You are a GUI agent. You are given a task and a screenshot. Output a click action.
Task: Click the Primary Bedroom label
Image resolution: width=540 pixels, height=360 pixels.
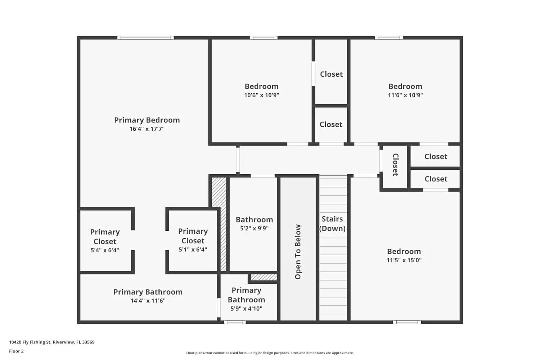[x=147, y=120]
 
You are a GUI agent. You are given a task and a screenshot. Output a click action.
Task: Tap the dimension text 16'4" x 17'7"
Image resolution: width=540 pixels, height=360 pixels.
[x=147, y=129]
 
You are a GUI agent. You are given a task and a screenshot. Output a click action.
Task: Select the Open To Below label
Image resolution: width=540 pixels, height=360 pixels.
[x=298, y=252]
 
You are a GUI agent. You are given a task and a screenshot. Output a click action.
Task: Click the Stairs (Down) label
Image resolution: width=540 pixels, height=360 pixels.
[x=332, y=224]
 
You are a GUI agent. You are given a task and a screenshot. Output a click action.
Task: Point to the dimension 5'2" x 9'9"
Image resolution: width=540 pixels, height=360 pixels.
[x=254, y=228]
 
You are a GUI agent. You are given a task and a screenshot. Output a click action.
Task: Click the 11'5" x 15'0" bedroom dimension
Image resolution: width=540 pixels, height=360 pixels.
[x=404, y=260]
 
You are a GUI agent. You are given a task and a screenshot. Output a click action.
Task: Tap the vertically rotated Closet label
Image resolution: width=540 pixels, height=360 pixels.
[x=395, y=165]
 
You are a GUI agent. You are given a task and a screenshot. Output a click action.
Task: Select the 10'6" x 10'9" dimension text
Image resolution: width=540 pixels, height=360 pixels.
[x=261, y=95]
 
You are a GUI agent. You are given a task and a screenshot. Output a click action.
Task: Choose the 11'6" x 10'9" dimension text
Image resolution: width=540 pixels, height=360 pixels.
[x=405, y=95]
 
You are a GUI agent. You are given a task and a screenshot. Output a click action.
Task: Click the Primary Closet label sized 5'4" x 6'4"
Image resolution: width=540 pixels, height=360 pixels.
[x=105, y=237]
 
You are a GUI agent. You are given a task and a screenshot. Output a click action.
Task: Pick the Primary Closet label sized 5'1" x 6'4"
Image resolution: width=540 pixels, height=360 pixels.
[x=193, y=236]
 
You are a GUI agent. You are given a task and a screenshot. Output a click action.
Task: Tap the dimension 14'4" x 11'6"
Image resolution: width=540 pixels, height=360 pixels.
[x=148, y=301]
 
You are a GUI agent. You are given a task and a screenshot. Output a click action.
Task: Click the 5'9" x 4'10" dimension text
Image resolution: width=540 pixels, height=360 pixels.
[x=246, y=309]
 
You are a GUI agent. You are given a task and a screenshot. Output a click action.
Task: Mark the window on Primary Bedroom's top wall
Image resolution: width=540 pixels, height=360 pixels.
[x=145, y=38]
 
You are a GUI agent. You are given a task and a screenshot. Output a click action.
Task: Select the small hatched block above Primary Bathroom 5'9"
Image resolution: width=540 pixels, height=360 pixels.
[x=264, y=278]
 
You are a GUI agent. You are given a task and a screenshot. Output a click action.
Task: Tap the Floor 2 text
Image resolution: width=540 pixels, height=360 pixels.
[x=16, y=351]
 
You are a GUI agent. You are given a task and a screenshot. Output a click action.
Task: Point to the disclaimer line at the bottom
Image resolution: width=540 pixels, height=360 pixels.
[x=270, y=353]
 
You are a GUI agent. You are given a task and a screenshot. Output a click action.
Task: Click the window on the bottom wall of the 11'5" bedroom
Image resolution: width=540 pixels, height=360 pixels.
[x=407, y=322]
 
